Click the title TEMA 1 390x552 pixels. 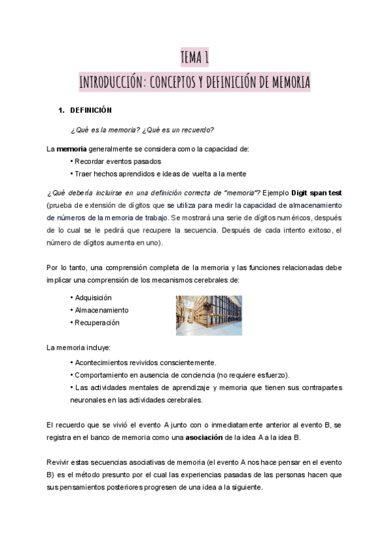point(194,58)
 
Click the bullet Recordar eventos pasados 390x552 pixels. point(117,161)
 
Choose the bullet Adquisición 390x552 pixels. point(94,297)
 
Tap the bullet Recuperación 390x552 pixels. point(97,322)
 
